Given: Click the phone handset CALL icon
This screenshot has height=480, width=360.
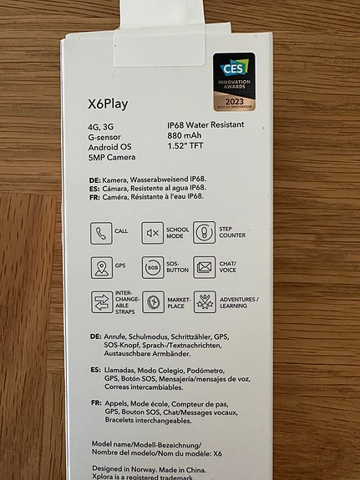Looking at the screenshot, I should [x=99, y=232].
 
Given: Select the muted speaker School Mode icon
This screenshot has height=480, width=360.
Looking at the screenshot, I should [x=152, y=232].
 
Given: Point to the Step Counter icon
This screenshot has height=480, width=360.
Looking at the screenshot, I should [x=204, y=232].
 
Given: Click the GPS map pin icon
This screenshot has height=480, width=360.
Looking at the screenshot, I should [x=99, y=268].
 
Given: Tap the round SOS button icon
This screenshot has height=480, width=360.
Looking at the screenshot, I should [x=152, y=268].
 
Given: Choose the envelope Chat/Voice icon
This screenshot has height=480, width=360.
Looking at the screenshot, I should [x=205, y=268].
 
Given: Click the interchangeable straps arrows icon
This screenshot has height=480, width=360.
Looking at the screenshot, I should [x=99, y=302].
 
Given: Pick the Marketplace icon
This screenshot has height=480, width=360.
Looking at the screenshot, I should [x=152, y=302].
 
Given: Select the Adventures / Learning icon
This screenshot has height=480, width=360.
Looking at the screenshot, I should [x=205, y=302].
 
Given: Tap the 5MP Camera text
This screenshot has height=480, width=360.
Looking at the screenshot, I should [x=113, y=157].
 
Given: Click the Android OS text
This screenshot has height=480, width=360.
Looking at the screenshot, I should [x=110, y=146].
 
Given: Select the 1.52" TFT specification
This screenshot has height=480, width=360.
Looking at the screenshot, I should [x=187, y=146].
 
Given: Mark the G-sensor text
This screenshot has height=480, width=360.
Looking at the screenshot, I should [x=106, y=135].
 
